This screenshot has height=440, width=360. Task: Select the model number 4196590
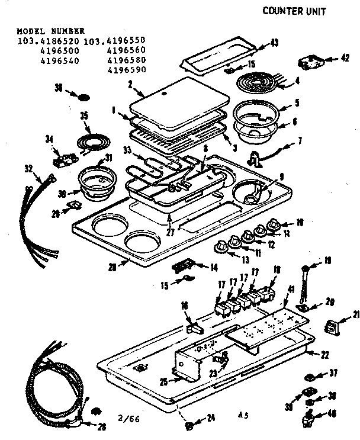coord(127,69)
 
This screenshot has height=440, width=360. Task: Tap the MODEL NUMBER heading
coord(51,30)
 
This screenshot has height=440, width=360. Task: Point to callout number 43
coord(274,42)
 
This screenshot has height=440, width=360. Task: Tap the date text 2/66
coord(133,418)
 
